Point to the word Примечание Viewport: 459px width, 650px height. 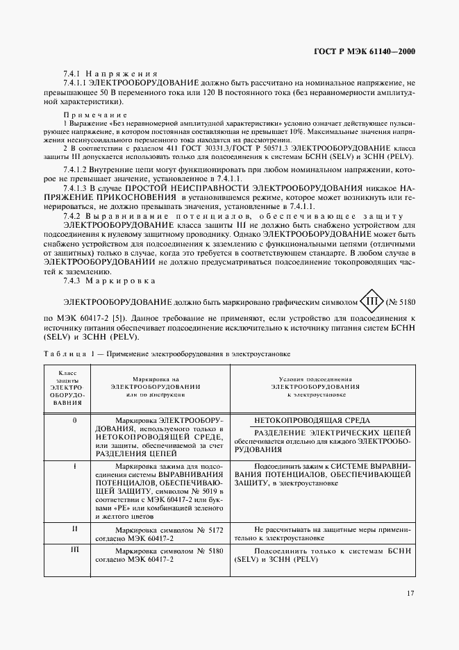95,115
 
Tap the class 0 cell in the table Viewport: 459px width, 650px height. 74,421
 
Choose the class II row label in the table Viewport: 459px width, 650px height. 74,529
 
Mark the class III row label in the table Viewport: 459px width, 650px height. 74,549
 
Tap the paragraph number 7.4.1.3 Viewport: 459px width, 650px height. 76,189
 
